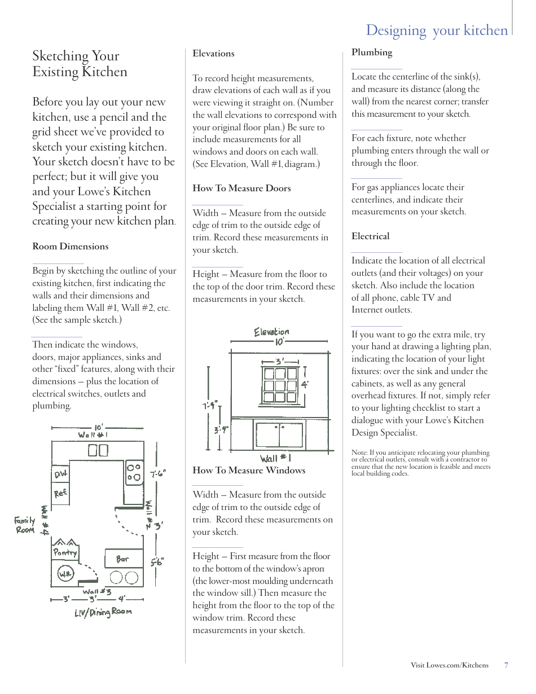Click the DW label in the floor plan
pyautogui.click(x=61, y=475)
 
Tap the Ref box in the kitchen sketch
pyautogui.click(x=60, y=493)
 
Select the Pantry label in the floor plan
pyautogui.click(x=65, y=552)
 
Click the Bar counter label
pyautogui.click(x=122, y=559)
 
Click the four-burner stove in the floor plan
pyautogui.click(x=134, y=472)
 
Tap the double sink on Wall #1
pyautogui.click(x=98, y=450)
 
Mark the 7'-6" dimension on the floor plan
pyautogui.click(x=158, y=474)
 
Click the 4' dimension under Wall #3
pyautogui.click(x=121, y=599)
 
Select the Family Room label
pyautogui.click(x=25, y=525)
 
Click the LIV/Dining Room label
pyautogui.click(x=103, y=612)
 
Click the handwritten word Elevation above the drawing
pyautogui.click(x=271, y=332)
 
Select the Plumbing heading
pyautogui.click(x=371, y=52)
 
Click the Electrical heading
pyautogui.click(x=370, y=236)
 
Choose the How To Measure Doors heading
pyautogui.click(x=241, y=188)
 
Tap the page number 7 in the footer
pyautogui.click(x=506, y=665)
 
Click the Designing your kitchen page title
pyautogui.click(x=437, y=30)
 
